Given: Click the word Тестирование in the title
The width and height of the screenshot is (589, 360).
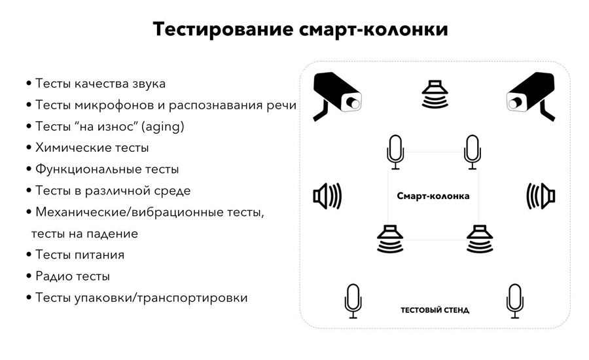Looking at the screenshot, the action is tap(223, 29).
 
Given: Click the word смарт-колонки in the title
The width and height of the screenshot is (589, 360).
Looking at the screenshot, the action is tap(374, 29).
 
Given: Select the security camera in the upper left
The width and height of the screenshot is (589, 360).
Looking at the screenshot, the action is tap(337, 96).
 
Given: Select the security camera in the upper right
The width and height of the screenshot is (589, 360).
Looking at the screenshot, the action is tap(530, 96).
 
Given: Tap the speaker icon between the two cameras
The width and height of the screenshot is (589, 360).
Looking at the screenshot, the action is tap(435, 94).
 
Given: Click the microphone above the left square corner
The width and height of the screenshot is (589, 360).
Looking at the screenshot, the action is tap(395, 152).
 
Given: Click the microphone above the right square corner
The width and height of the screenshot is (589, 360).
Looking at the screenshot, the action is tap(473, 152).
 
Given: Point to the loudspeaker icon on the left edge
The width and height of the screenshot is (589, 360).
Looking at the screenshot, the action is tap(328, 196).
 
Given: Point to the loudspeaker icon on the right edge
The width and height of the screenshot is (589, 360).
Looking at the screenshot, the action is tap(541, 196).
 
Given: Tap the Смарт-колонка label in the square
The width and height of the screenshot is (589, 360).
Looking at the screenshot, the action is tap(433, 196).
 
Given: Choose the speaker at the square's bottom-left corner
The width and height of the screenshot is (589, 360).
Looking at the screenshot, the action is tap(390, 239).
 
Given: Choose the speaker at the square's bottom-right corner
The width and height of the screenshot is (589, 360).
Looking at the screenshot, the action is tap(480, 239).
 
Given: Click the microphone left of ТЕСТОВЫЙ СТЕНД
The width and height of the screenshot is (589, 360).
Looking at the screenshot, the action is tap(353, 301).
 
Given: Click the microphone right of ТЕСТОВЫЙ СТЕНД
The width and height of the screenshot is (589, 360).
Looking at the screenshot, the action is tap(514, 301).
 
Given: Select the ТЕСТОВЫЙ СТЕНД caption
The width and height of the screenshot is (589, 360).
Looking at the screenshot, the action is tap(435, 310).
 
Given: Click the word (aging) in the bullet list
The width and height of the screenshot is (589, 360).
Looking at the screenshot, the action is tap(163, 126).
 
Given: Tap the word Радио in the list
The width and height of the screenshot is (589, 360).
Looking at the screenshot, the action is tap(52, 276).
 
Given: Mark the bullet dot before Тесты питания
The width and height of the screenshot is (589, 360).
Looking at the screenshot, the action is tap(29, 255).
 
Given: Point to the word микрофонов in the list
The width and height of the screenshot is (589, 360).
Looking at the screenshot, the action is tap(114, 105).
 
